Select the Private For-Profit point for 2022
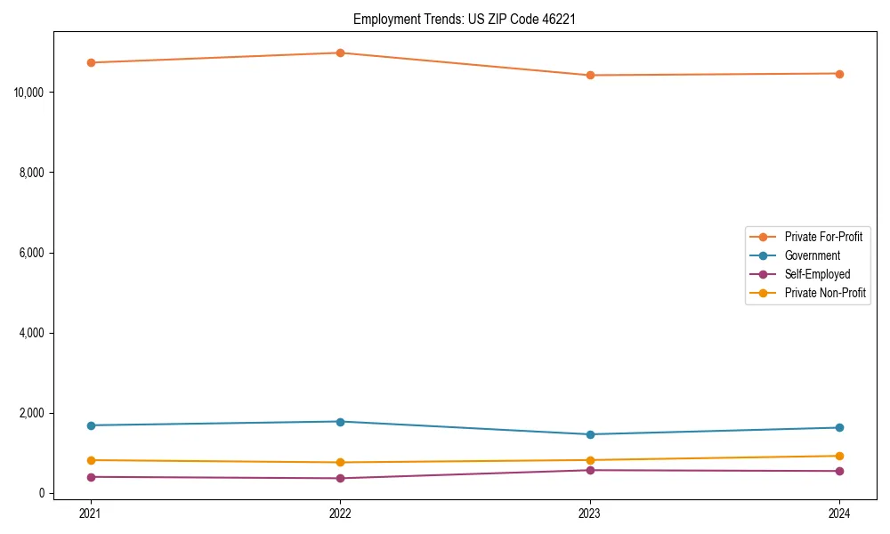pos(340,53)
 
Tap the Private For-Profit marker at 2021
pos(91,62)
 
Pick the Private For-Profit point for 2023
pos(590,75)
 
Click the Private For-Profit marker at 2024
pos(839,73)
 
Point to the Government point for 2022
pos(340,421)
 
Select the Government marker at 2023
pos(590,434)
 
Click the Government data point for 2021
pos(91,425)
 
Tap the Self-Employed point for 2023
pos(590,470)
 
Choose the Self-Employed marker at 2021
pos(91,477)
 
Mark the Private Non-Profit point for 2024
pos(839,456)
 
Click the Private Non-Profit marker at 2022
pos(340,462)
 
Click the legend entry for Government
pos(812,255)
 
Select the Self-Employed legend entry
pos(817,274)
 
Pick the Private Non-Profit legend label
pos(825,293)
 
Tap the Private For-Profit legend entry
pos(823,237)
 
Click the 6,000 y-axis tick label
pos(34,253)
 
